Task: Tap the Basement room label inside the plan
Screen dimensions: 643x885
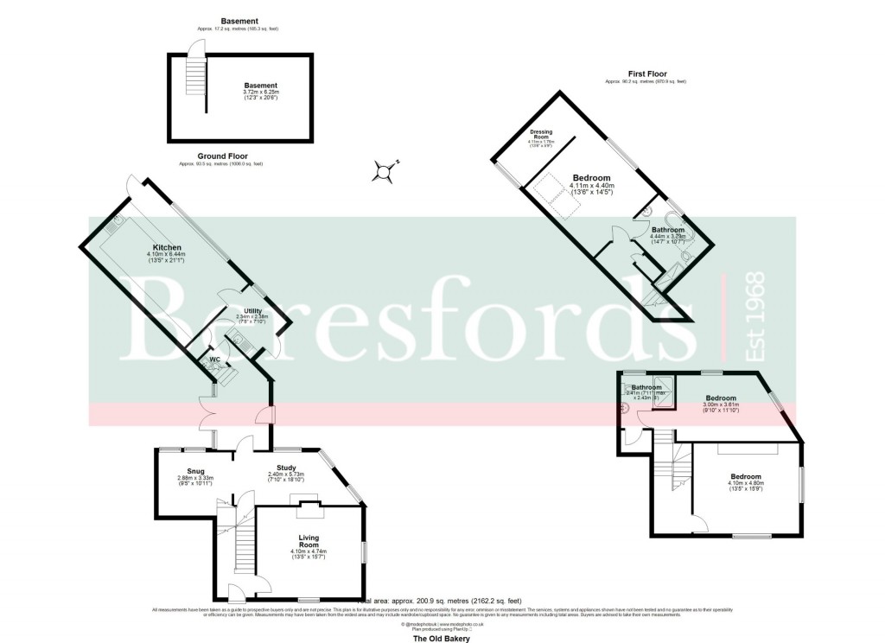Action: pyautogui.click(x=259, y=86)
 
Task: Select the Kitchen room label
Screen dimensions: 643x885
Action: pyautogui.click(x=167, y=247)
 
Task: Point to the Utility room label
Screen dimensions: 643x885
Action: pyautogui.click(x=252, y=310)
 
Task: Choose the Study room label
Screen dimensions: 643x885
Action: pyautogui.click(x=286, y=468)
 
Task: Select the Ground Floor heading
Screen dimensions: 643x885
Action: pyautogui.click(x=222, y=156)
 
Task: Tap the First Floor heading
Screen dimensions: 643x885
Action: pyautogui.click(x=647, y=74)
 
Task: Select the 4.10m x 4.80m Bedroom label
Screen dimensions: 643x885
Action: pyautogui.click(x=745, y=477)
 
